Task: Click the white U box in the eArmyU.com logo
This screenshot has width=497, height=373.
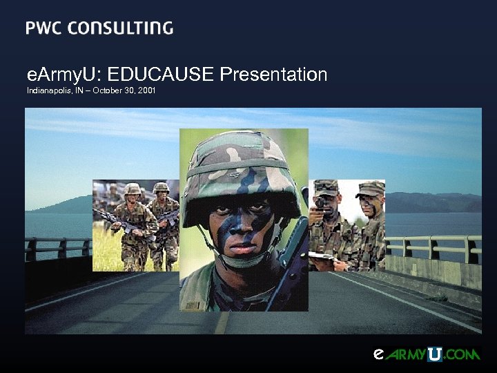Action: click(434, 355)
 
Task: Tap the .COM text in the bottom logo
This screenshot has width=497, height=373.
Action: click(462, 355)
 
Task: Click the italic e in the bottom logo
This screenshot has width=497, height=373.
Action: click(378, 354)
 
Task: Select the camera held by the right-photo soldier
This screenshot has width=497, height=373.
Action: click(320, 205)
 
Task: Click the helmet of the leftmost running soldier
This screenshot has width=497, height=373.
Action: click(132, 189)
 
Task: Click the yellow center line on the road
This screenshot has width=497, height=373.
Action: click(222, 322)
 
